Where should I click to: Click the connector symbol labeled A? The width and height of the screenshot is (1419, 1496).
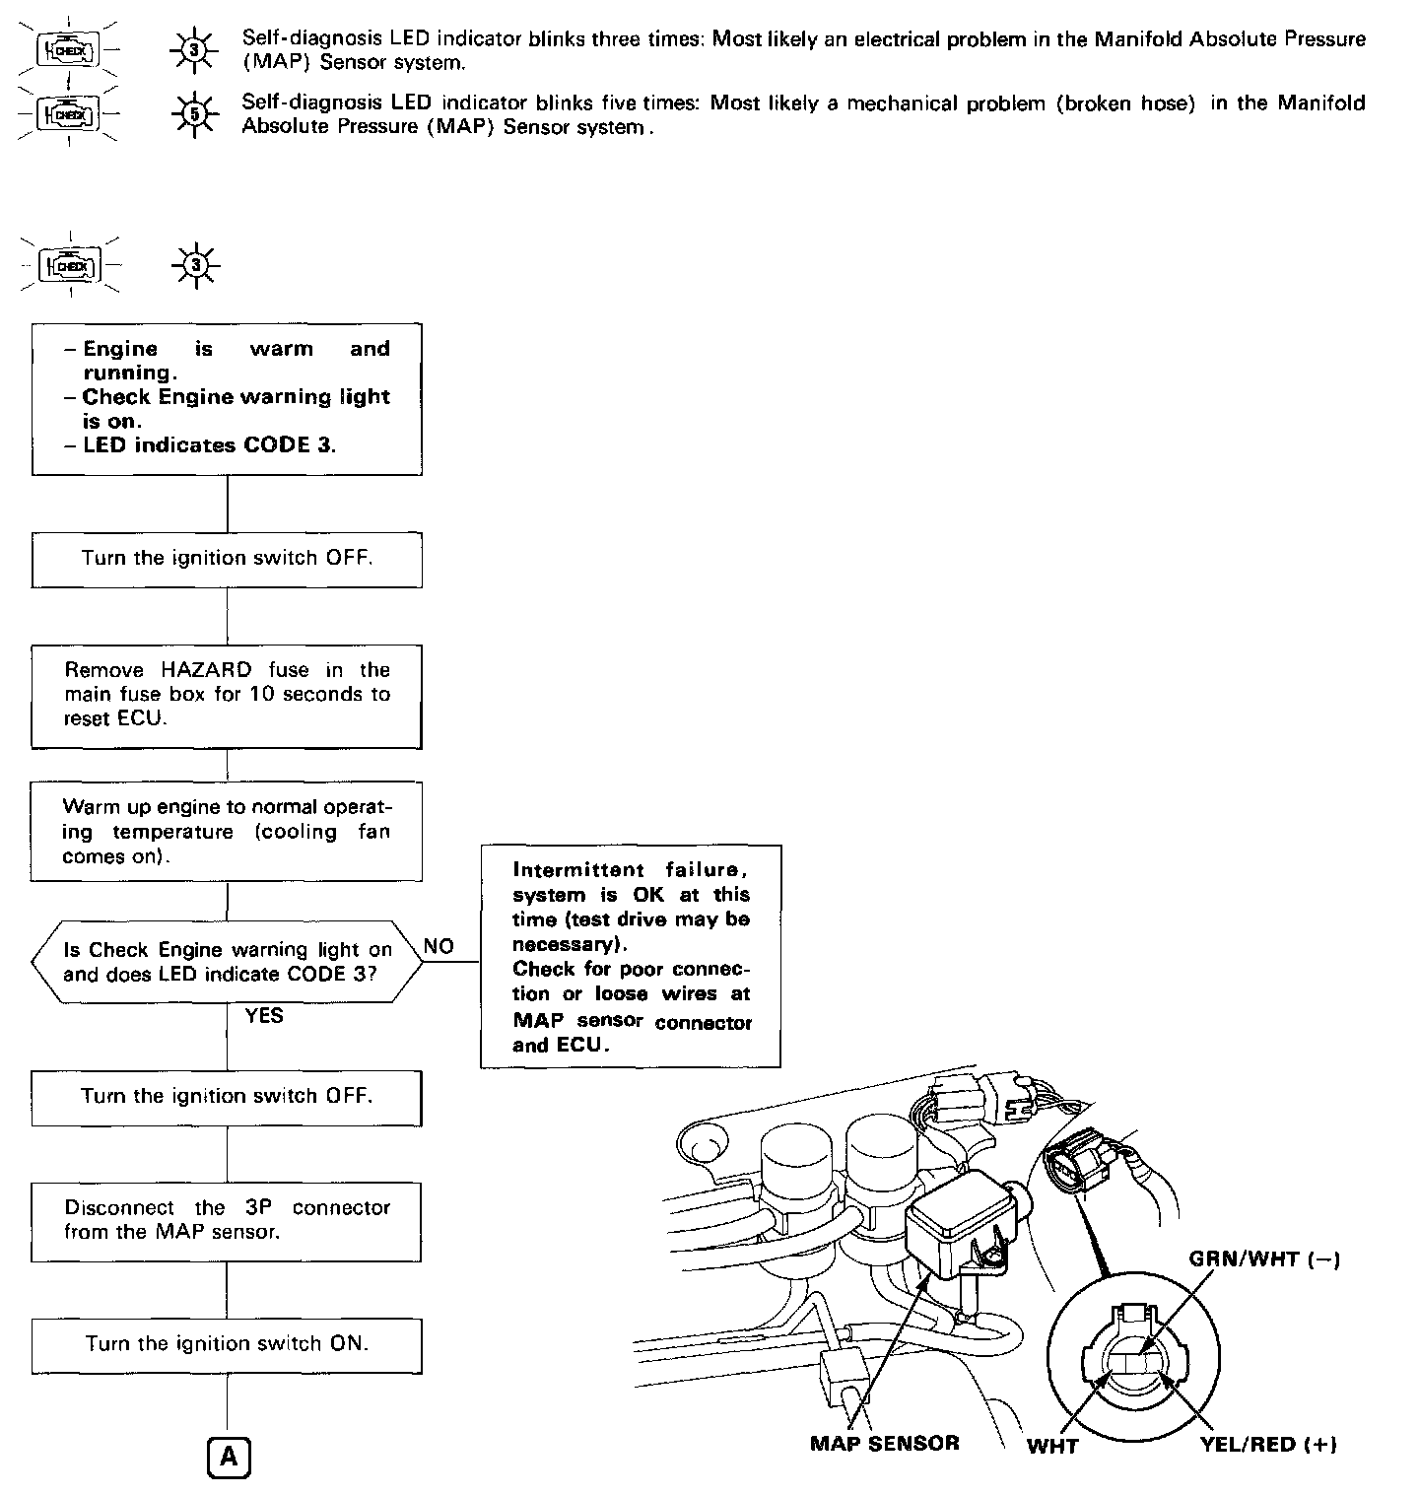pos(229,1457)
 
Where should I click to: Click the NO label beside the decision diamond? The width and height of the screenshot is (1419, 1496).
pos(439,946)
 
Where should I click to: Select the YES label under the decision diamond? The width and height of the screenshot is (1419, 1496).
pos(264,1015)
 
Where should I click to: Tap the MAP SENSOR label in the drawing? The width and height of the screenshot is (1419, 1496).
pos(884,1444)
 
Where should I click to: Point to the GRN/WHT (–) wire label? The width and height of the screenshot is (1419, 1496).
pos(1264,1259)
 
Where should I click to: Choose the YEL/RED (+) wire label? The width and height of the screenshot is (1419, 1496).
pos(1267,1445)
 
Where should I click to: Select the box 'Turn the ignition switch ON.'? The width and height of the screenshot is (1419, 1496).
pos(227,1345)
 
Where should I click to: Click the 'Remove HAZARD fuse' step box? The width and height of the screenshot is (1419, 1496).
pos(227,695)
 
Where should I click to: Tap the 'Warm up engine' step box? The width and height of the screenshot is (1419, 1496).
pos(227,832)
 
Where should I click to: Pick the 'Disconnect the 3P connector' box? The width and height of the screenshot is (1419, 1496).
pos(227,1220)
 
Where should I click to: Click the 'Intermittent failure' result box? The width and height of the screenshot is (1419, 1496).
pos(631,956)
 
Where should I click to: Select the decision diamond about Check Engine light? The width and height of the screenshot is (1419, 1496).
pos(227,963)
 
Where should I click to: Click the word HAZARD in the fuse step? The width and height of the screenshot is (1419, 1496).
pos(206,670)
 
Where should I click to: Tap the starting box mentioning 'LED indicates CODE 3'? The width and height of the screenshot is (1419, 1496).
pos(227,398)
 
